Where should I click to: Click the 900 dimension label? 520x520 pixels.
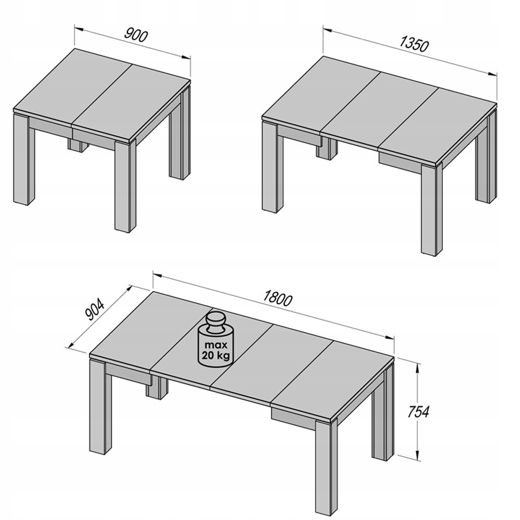[x=137, y=35]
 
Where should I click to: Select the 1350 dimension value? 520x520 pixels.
[x=414, y=44]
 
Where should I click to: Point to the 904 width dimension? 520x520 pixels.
[x=96, y=310]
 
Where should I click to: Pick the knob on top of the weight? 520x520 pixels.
[x=215, y=319]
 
